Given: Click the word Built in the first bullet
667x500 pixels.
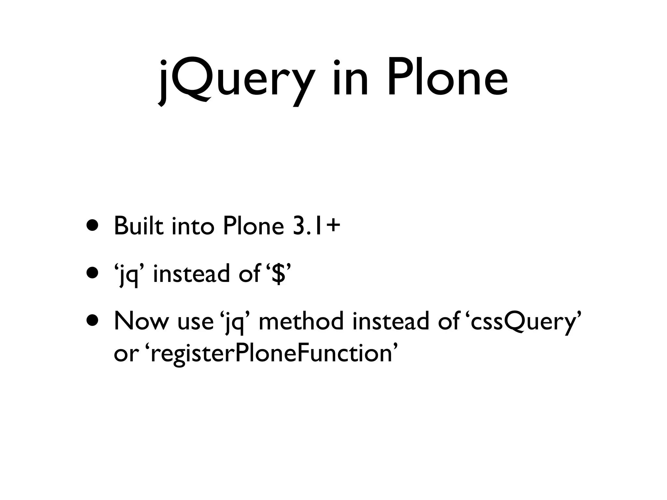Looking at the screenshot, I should tap(138, 226).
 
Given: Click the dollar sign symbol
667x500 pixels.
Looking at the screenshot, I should tap(278, 273).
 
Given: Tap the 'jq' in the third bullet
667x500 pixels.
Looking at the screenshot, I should tap(235, 322).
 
